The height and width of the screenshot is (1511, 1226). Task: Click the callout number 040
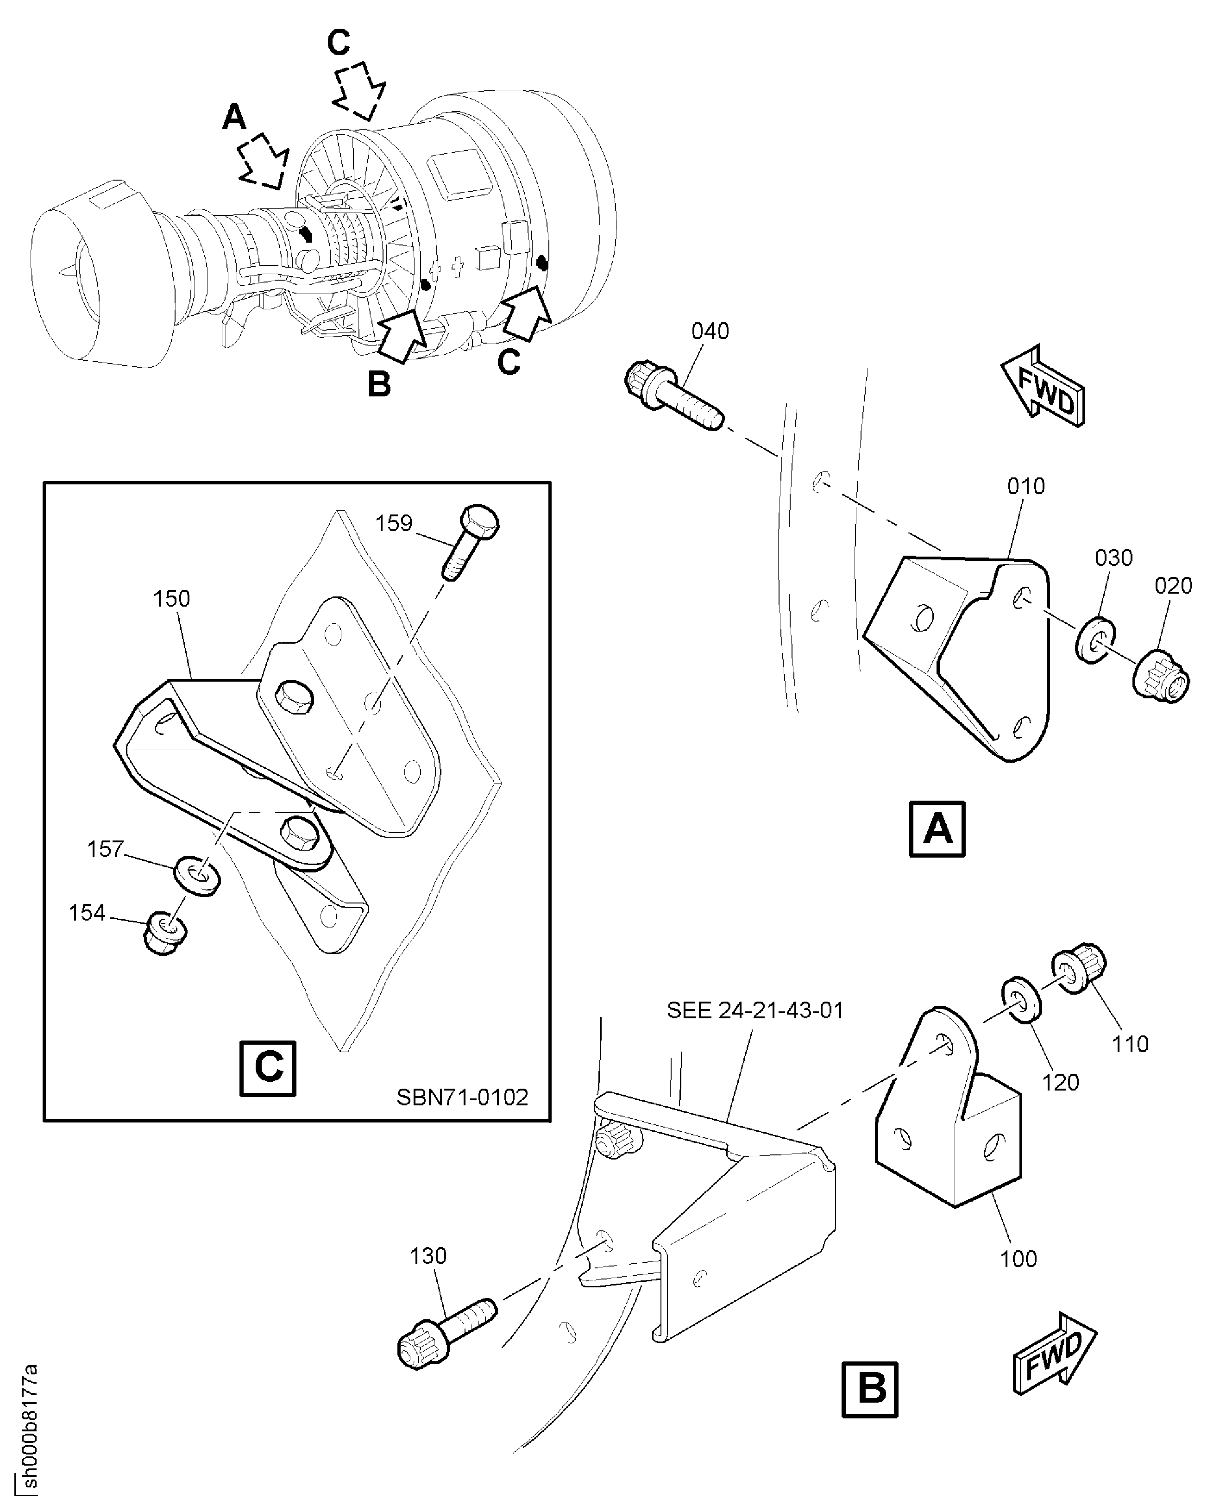coord(710,331)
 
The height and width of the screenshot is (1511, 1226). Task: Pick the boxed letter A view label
coord(937,829)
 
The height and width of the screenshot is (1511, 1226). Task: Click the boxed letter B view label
coord(870,1390)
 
